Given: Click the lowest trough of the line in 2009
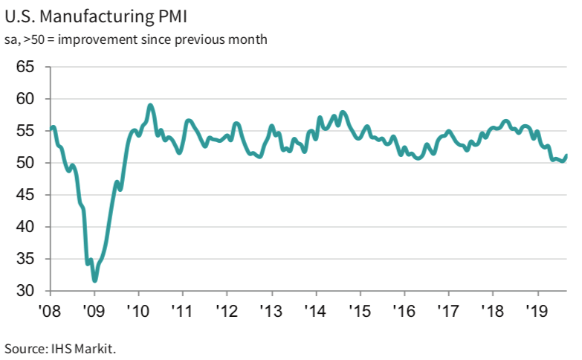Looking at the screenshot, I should (x=94, y=280).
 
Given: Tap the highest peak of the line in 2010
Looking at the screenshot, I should (x=150, y=106).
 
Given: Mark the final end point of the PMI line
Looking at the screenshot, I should (x=566, y=155).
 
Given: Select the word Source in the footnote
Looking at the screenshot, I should (x=23, y=347).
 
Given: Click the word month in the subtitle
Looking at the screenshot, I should (x=249, y=38).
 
